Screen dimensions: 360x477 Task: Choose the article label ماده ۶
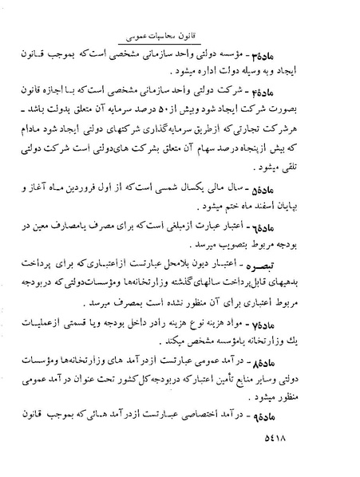point(320,249)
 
